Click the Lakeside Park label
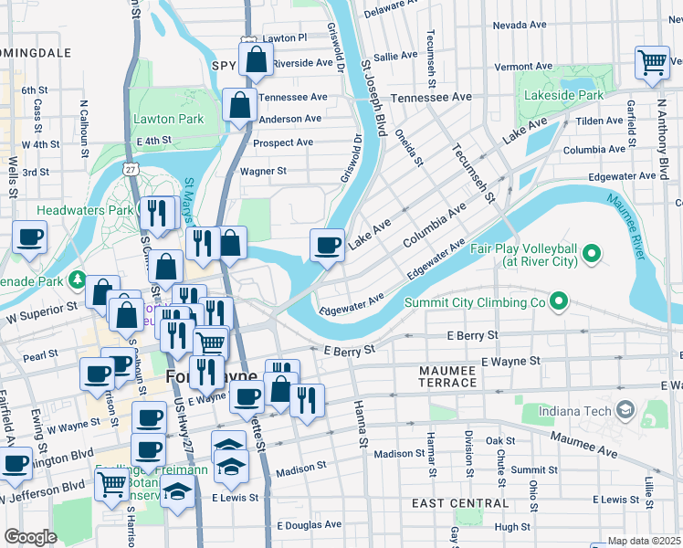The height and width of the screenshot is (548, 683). (564, 95)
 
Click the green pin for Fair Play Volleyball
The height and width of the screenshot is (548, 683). (591, 253)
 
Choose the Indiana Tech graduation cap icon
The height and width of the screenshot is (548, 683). (625, 410)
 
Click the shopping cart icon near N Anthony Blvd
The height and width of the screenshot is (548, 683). (653, 63)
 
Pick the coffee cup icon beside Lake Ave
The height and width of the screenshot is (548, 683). (327, 245)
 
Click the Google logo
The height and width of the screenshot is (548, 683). (30, 536)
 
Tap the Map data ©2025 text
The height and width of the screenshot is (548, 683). (645, 541)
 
